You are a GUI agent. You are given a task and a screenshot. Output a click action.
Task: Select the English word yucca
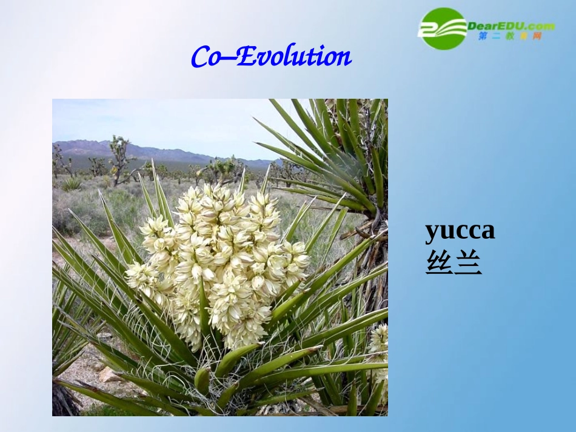pos(460,231)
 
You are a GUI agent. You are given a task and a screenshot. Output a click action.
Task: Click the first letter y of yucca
pos(432,233)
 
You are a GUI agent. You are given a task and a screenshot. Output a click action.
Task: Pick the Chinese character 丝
pos(438,264)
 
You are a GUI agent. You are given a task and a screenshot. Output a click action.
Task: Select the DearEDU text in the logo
pos(492,26)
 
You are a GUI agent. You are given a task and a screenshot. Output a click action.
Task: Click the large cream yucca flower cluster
pos(221,261)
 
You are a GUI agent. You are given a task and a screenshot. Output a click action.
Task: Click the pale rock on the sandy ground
pos(109,375)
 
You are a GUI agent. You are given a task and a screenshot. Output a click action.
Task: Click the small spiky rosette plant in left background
pos(73,183)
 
